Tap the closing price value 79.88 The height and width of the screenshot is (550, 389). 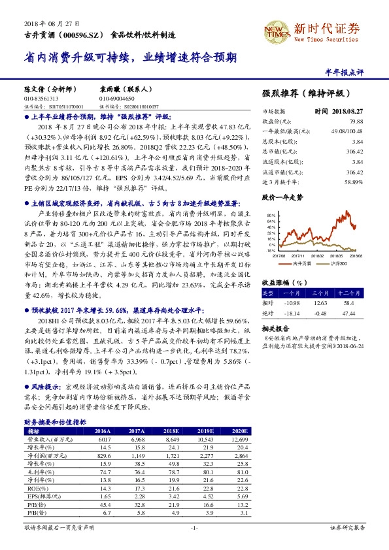[373, 121]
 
